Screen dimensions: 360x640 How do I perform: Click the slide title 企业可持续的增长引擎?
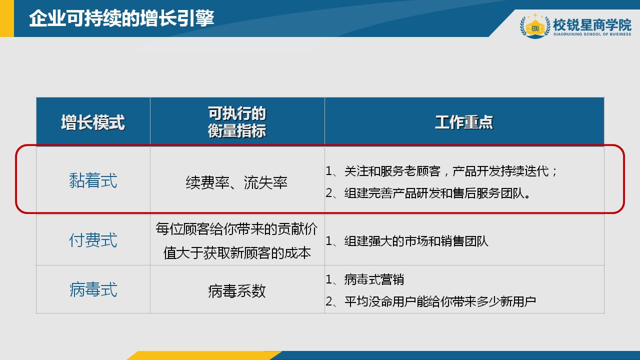coord(121,18)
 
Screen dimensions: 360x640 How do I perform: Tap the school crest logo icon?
coord(535,26)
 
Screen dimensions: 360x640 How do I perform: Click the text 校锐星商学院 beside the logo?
coord(592,24)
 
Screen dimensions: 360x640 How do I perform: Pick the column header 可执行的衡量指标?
coord(237,122)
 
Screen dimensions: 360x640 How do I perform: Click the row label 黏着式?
coord(93,180)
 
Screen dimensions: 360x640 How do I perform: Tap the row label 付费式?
coord(93,240)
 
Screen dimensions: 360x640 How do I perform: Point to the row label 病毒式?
coord(93,289)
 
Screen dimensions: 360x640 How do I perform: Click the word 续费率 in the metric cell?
coord(204,183)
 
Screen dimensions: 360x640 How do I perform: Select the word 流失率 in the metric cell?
coord(266,183)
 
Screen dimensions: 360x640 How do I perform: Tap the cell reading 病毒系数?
coord(237,291)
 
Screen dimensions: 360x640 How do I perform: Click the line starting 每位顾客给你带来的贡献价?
coord(237,229)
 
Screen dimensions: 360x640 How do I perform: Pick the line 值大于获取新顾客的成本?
coord(237,253)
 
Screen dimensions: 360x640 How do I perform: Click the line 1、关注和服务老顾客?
coord(442,171)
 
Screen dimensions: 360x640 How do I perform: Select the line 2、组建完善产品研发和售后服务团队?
coord(428,193)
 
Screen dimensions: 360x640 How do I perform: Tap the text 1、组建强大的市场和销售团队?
coord(407,241)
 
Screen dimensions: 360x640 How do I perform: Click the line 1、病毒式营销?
coord(365,279)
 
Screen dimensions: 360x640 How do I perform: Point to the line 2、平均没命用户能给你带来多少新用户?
coord(431,301)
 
